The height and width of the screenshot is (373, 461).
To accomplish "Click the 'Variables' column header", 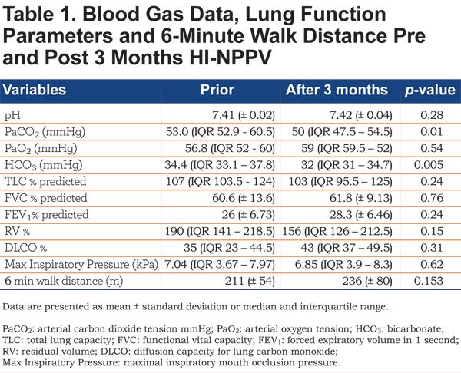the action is coord(35,90).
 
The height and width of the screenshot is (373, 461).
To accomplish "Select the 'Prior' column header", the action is coord(217,90).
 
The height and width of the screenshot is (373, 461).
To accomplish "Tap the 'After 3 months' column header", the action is coord(337,90).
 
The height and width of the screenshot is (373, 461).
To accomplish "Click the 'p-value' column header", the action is coord(430,90).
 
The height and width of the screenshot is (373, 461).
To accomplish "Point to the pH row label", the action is coord(12,115).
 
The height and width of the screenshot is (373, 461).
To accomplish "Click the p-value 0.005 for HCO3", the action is coord(429,165).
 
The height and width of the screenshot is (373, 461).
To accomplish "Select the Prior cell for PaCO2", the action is coord(221,132).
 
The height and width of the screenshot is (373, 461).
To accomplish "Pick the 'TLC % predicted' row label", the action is coord(45,181).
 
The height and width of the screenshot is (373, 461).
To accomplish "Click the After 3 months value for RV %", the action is coord(337,232).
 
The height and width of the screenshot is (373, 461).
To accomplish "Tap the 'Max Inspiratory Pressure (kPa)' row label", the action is coord(81,264).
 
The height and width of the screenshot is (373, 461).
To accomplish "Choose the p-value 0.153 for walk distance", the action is coord(429,281).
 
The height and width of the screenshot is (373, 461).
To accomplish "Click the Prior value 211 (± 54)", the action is coord(250,281).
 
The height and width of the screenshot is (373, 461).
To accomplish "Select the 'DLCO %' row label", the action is coord(26,248).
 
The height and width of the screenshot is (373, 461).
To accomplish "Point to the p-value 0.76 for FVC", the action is coord(432,198).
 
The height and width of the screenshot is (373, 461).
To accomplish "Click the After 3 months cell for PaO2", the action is coord(347,148).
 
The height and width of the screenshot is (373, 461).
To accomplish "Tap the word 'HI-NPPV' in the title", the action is coord(230,58).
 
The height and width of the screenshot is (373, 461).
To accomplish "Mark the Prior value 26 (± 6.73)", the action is coord(248,215).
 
